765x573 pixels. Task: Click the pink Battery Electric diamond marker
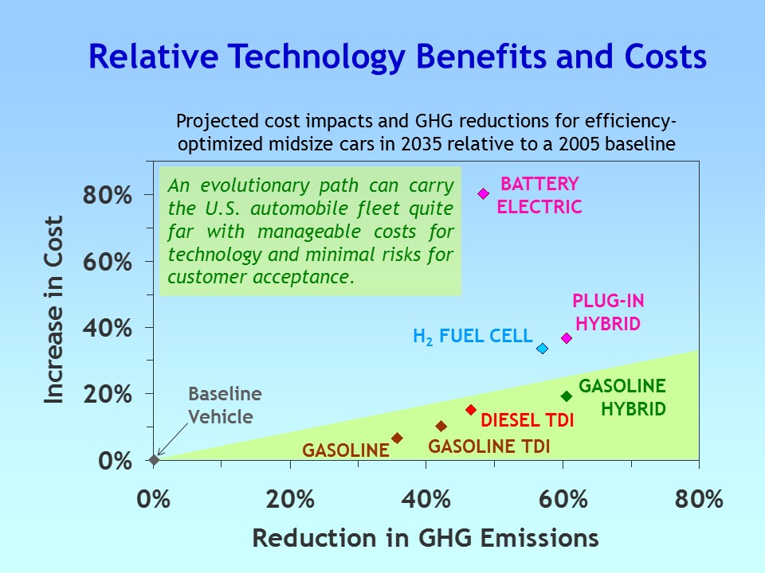click(483, 194)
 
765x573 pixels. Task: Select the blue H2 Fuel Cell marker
click(543, 349)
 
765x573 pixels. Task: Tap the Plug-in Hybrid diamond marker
click(567, 338)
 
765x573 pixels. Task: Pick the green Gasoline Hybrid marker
click(567, 396)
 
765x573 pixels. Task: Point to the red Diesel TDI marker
click(471, 410)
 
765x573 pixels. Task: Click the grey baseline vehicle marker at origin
click(154, 459)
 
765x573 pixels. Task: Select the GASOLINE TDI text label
click(488, 446)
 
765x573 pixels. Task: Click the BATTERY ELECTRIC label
click(539, 196)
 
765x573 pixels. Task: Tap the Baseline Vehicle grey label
click(224, 405)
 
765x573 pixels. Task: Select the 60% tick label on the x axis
click(563, 500)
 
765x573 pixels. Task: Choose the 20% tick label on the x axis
click(290, 500)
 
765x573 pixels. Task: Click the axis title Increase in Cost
click(54, 310)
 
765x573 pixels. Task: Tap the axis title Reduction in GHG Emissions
click(426, 539)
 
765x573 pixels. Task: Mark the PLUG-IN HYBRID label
click(608, 312)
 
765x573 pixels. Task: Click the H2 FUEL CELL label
click(472, 337)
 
